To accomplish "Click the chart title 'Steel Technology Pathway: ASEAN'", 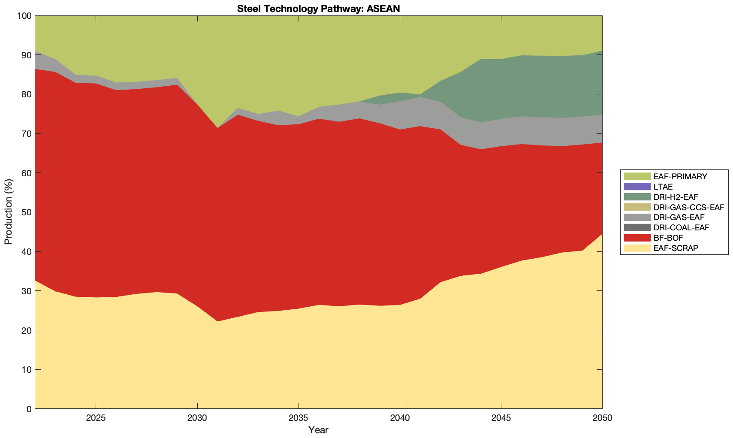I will point(318,8).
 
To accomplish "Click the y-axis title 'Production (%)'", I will point(9,212).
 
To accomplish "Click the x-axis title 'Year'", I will point(318,430).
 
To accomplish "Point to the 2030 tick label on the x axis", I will point(197,418).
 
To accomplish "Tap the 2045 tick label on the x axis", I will point(501,418).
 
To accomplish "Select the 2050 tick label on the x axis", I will point(602,418).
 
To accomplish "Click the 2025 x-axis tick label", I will point(96,418).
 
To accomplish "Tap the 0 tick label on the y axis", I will point(29,409).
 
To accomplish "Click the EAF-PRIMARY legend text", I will point(680,176).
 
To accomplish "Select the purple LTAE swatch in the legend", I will point(637,187).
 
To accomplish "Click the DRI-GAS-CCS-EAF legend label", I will point(688,207).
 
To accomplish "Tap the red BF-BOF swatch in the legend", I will point(637,238).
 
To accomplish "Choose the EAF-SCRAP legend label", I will point(676,248).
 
